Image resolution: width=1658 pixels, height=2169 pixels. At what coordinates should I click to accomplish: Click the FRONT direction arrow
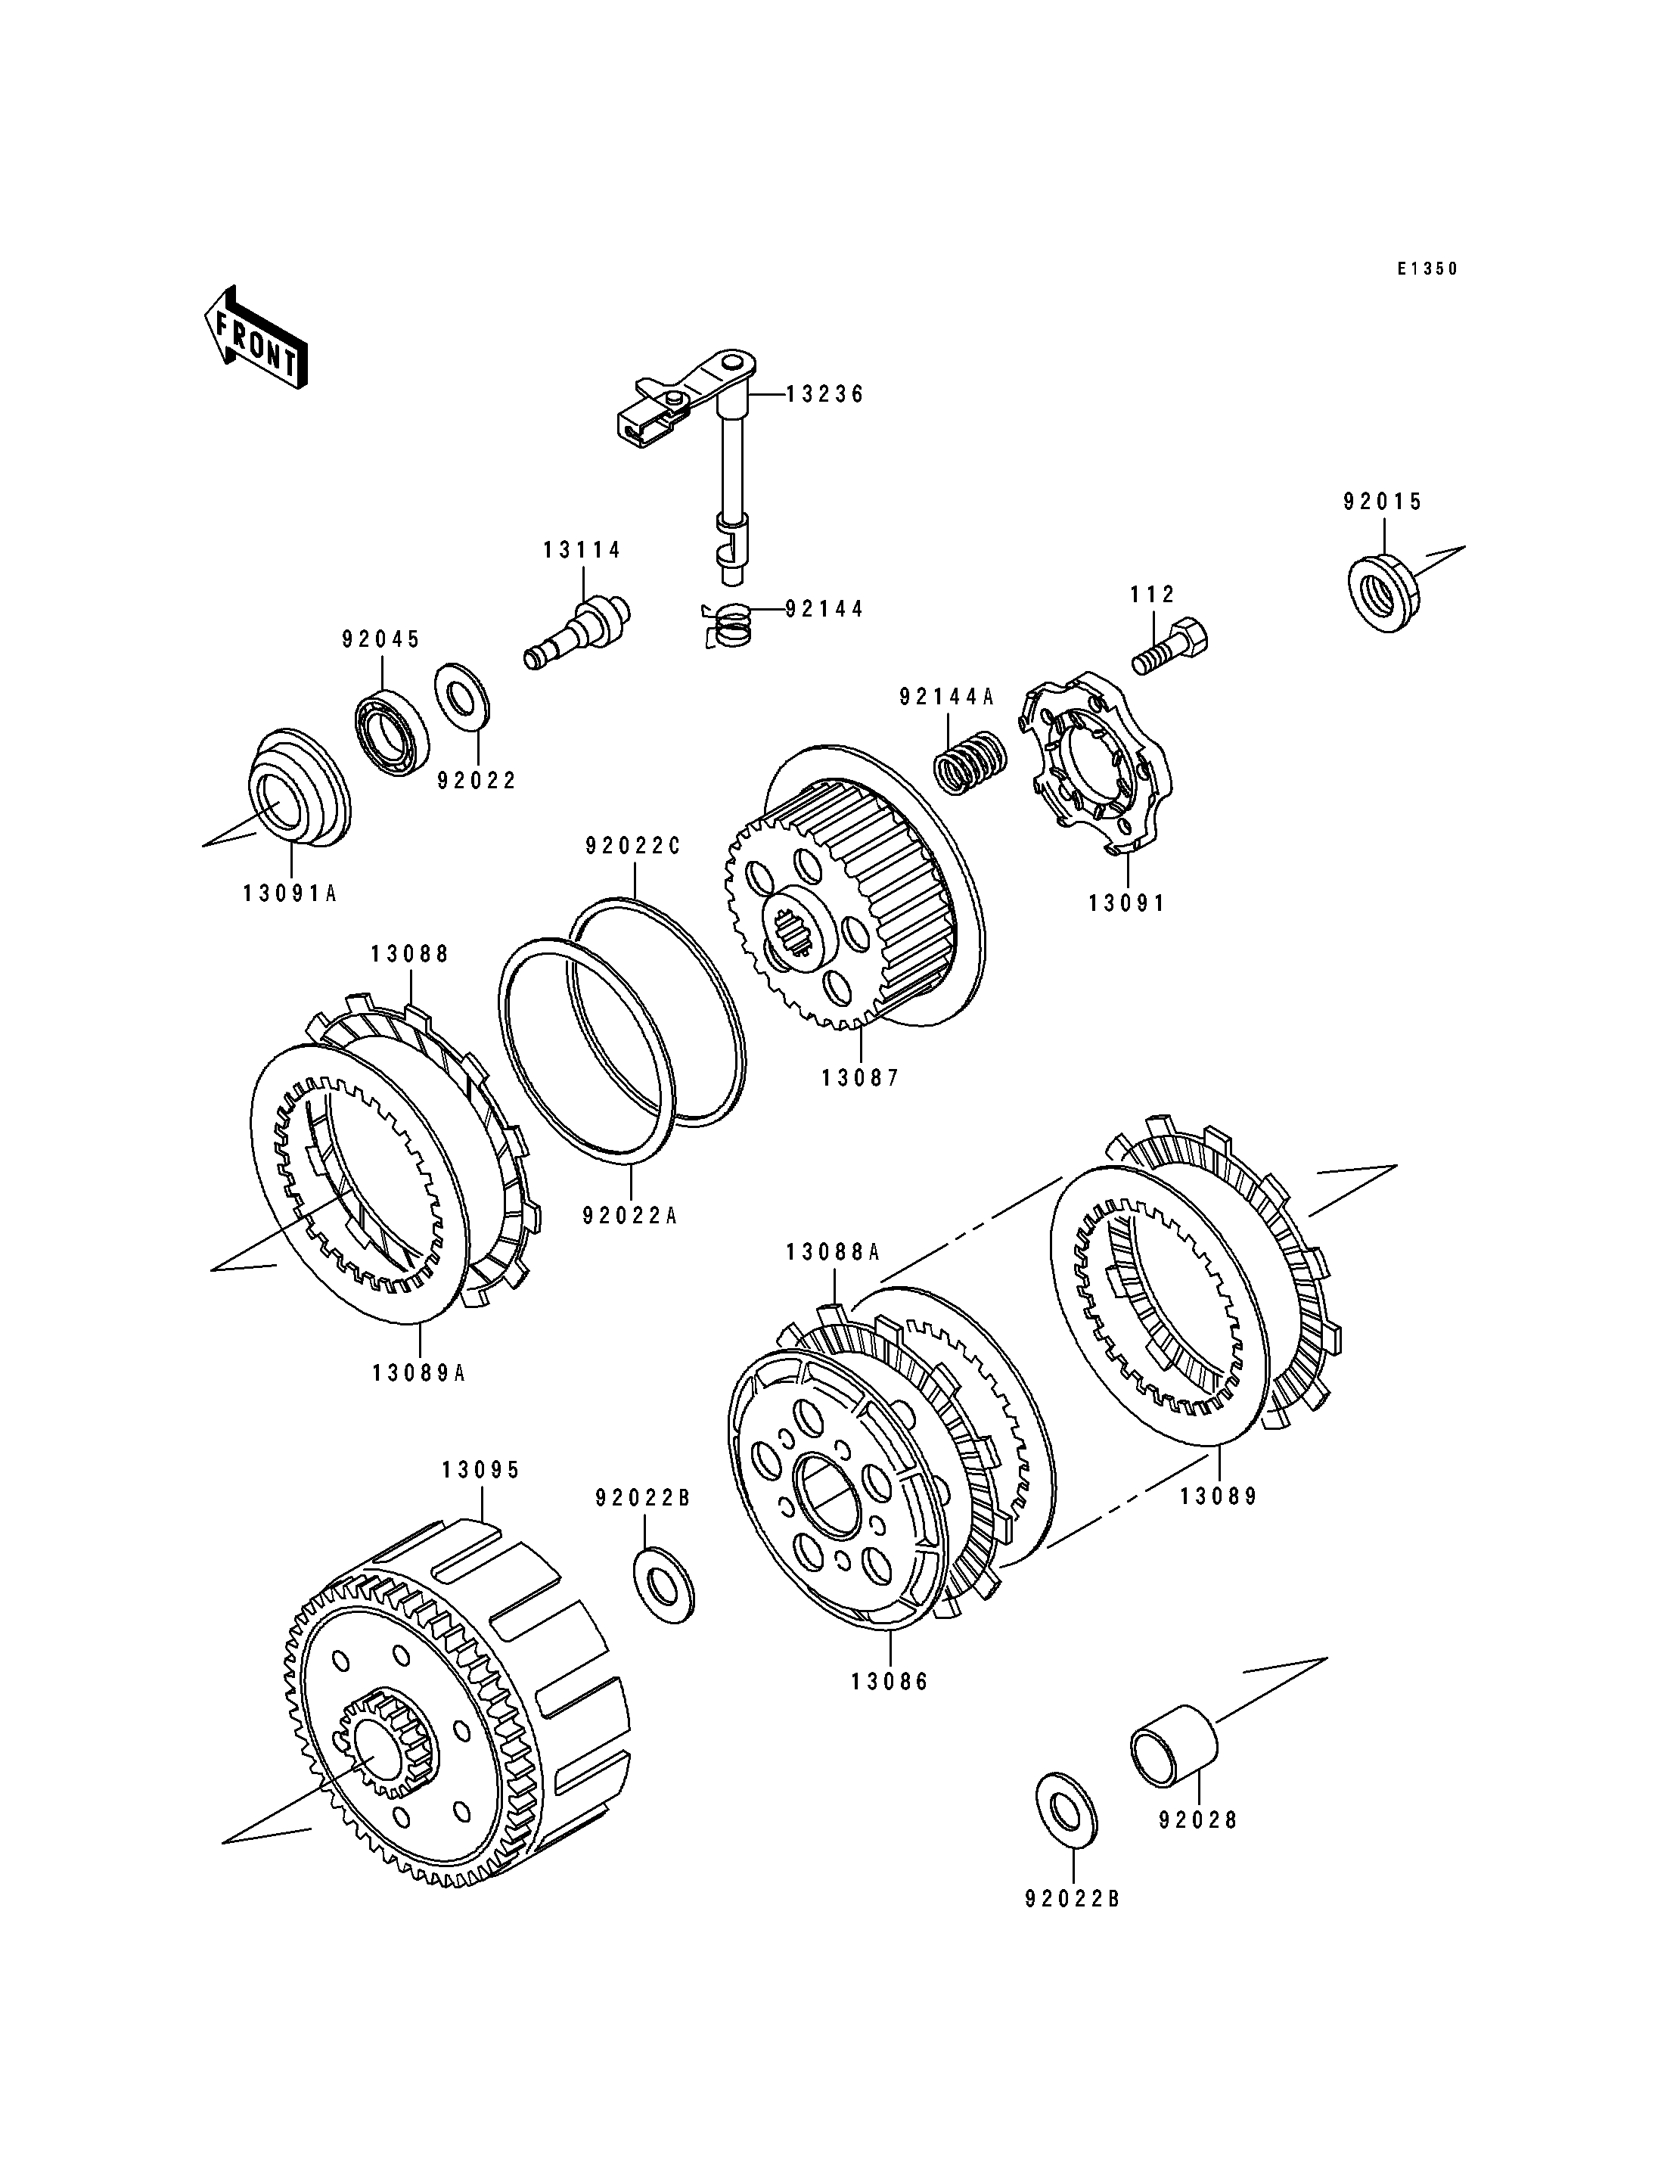pyautogui.click(x=256, y=339)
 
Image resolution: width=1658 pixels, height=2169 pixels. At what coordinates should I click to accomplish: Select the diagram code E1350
pyautogui.click(x=1427, y=269)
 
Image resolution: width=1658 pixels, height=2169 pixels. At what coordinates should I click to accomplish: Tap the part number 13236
pyautogui.click(x=825, y=395)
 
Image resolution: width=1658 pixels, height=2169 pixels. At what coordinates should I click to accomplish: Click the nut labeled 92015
pyautogui.click(x=1383, y=595)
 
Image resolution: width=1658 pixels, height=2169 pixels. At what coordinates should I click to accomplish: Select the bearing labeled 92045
pyautogui.click(x=391, y=732)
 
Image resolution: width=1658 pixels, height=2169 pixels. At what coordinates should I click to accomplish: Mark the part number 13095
pyautogui.click(x=480, y=1498)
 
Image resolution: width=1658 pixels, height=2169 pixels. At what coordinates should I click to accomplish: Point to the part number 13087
pyautogui.click(x=861, y=1078)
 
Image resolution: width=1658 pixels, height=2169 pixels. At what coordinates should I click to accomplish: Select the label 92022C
pyautogui.click(x=634, y=846)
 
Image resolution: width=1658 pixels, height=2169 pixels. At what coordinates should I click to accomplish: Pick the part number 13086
pyautogui.click(x=890, y=1681)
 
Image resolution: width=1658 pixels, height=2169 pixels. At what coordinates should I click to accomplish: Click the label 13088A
pyautogui.click(x=833, y=1252)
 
